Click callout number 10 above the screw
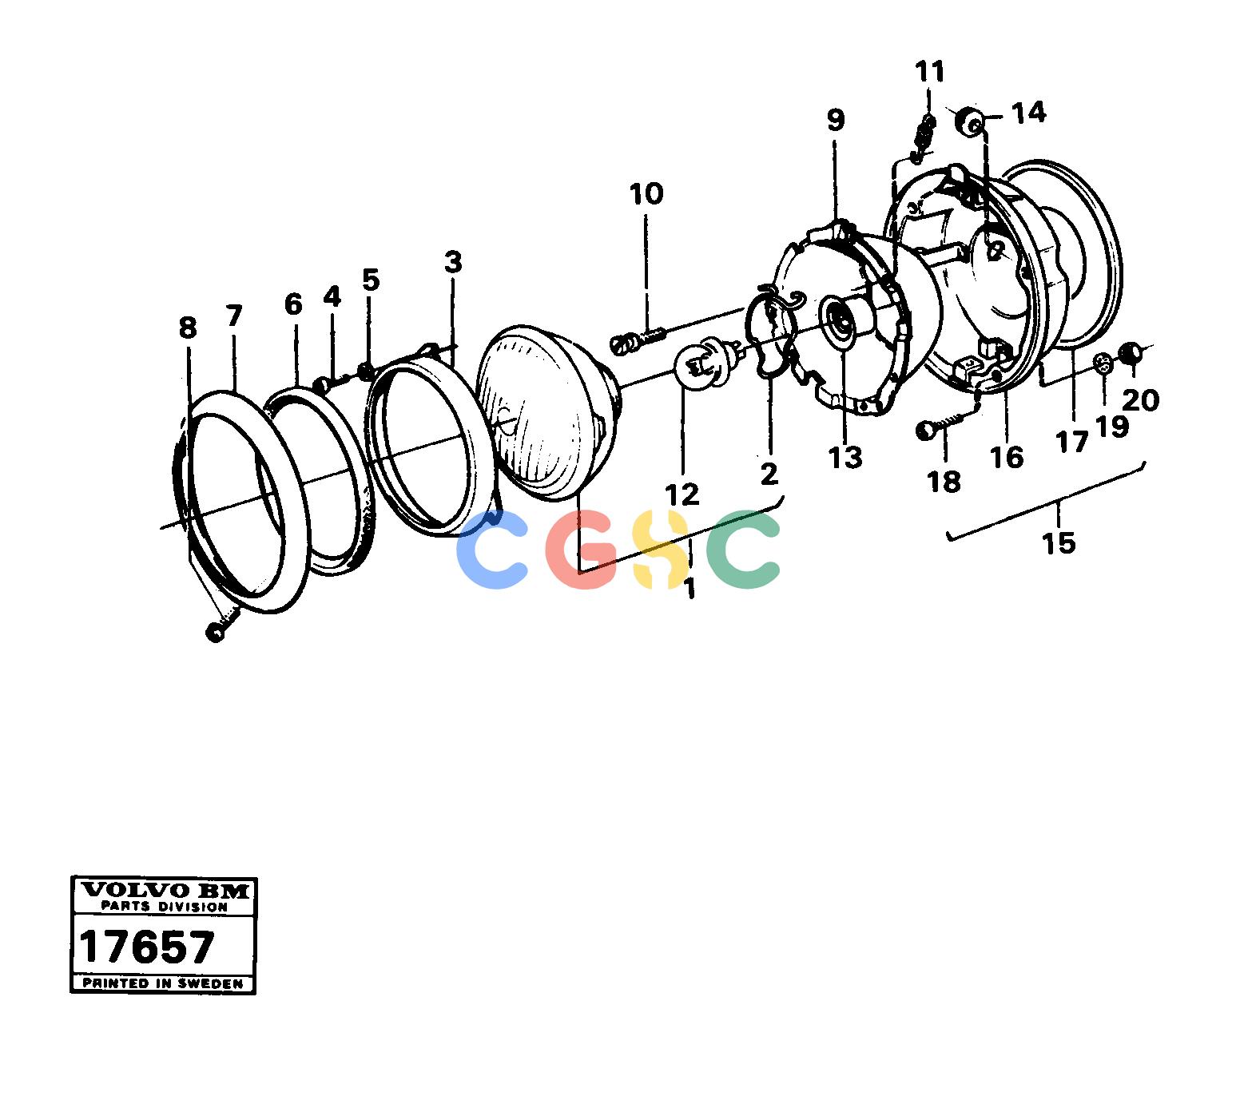coord(646,194)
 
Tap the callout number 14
coord(1028,113)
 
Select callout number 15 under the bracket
coord(1059,543)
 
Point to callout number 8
coord(188,328)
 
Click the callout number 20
coord(1140,401)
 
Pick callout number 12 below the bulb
coord(682,494)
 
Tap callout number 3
coord(453,262)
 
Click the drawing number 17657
coord(147,947)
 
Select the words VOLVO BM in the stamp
coord(165,891)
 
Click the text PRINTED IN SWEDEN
coord(163,983)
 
